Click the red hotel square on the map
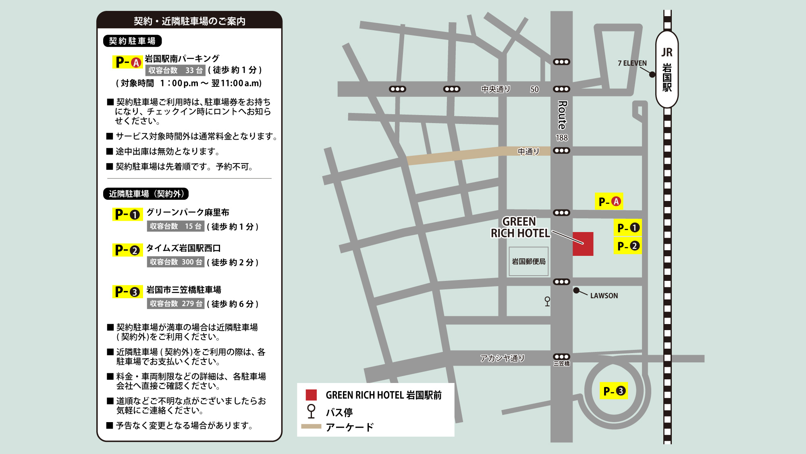tap(583, 244)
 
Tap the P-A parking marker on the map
tap(609, 201)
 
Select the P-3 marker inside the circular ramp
tap(614, 391)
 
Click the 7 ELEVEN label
tap(632, 63)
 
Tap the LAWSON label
tap(604, 296)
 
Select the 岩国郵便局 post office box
tap(528, 262)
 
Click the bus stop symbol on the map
tap(547, 301)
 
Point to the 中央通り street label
tap(496, 89)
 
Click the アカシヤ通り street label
tap(502, 358)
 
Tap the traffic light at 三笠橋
tap(561, 357)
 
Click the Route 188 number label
tap(562, 138)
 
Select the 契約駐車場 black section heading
tap(132, 41)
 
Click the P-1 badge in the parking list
tap(127, 214)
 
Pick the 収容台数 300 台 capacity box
tap(176, 262)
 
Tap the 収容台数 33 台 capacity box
tap(175, 70)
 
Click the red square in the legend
tap(311, 395)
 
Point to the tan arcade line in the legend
tap(311, 426)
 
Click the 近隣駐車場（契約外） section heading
tap(146, 194)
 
